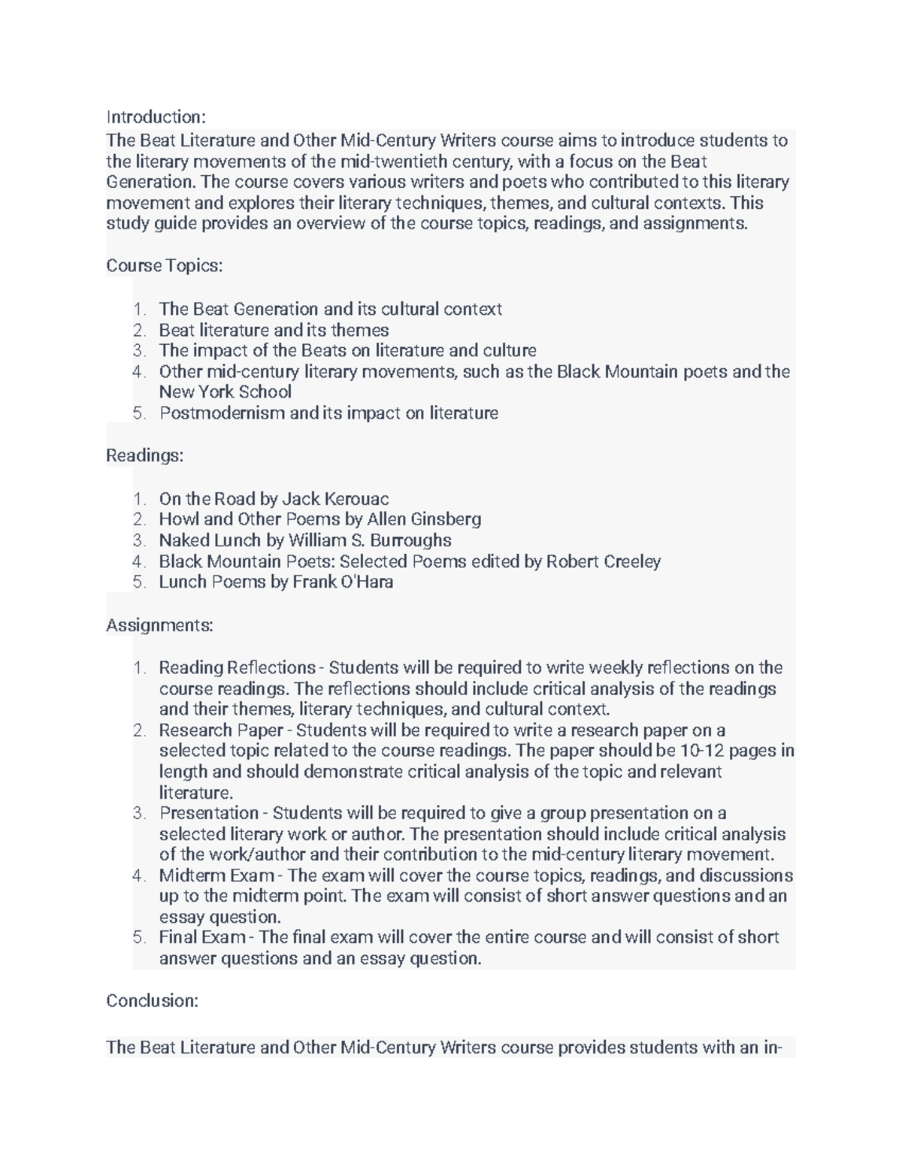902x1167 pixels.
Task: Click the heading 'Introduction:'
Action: coord(156,117)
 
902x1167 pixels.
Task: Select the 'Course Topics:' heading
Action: coord(165,266)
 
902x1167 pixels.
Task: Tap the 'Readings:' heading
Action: coord(144,455)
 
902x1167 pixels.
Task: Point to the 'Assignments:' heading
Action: coord(159,625)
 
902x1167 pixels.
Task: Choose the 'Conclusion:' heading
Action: coord(152,1001)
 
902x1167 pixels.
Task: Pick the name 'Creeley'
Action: coord(632,561)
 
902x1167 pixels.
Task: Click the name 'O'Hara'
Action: coord(368,582)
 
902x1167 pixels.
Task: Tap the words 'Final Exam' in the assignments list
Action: coord(202,938)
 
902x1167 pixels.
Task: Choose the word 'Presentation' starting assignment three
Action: coord(208,813)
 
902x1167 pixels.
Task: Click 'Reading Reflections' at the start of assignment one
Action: coord(237,668)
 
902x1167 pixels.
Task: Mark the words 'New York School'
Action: coord(225,392)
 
